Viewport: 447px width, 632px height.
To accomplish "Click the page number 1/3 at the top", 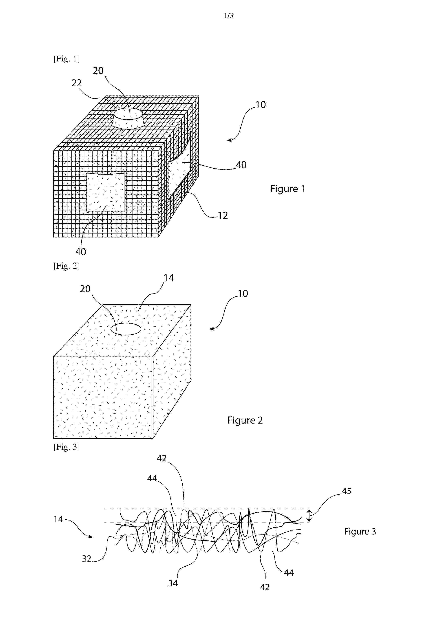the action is click(229, 16).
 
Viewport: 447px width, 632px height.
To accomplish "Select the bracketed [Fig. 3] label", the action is click(66, 447).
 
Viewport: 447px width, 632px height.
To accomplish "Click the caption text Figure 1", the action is click(287, 189).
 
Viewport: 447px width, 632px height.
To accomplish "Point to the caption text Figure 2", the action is click(245, 420).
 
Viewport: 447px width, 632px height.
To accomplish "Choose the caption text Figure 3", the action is click(360, 531).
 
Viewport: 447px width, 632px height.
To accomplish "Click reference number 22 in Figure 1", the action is click(77, 83).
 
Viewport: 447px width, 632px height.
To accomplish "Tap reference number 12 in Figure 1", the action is click(223, 215).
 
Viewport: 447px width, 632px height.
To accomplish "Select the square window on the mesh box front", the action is click(106, 192).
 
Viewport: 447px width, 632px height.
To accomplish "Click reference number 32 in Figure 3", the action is click(87, 558).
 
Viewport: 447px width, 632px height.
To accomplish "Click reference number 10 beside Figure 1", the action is click(261, 105).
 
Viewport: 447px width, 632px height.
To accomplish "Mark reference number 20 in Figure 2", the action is click(85, 289).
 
